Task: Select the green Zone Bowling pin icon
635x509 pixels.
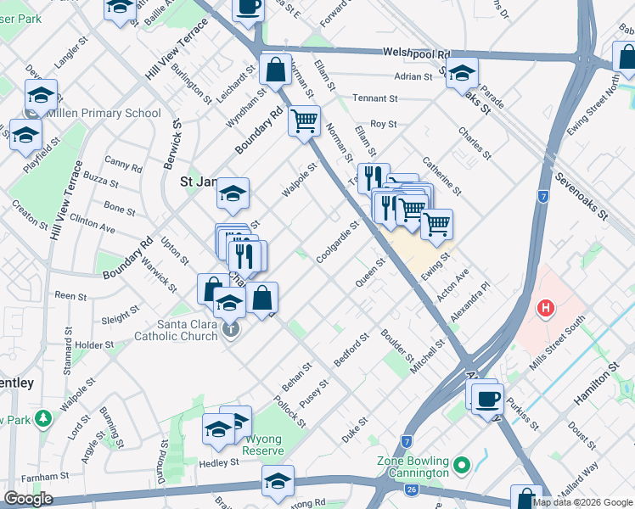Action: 461,465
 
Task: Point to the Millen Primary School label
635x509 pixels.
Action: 104,113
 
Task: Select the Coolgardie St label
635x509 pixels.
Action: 338,243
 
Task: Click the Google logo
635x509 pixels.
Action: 28,499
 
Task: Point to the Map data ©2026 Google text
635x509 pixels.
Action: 581,502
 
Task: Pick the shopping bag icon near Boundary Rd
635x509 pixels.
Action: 276,71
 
